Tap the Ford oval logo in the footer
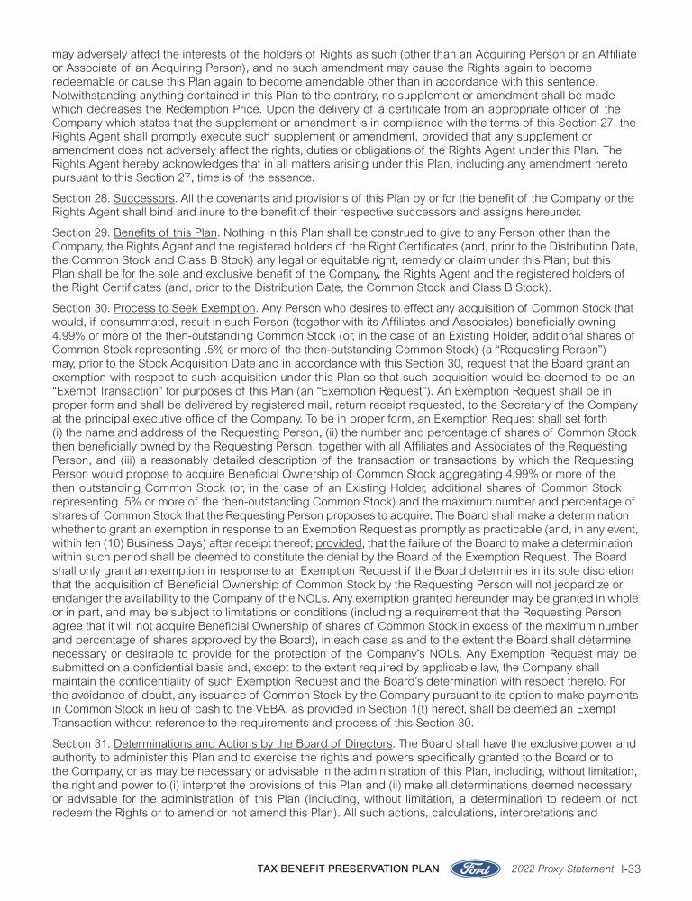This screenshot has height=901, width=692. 476,869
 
